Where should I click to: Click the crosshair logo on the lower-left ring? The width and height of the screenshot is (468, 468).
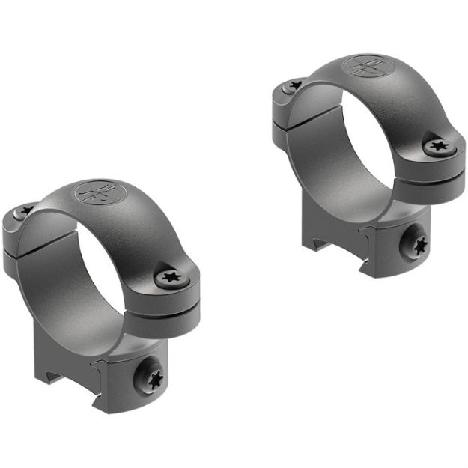[96, 194]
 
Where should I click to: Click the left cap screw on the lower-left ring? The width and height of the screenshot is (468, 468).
[25, 213]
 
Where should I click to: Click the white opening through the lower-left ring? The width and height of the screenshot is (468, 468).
[100, 277]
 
